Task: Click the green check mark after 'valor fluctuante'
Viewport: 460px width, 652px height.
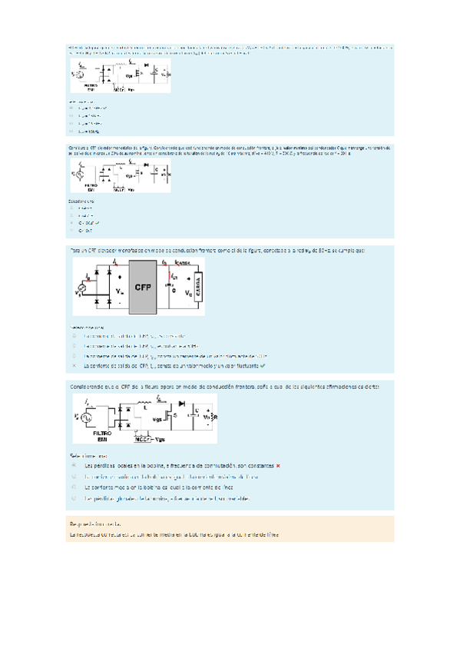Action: pos(262,366)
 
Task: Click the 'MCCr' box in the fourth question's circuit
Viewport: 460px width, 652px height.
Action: pos(141,440)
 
